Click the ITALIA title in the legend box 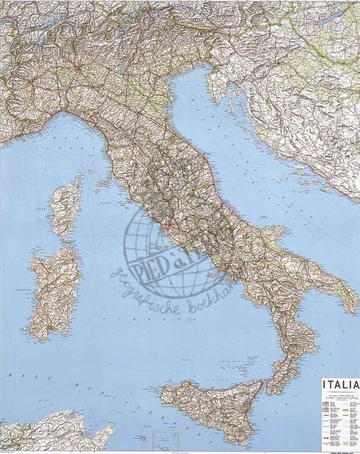point(340,385)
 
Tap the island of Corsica point(65,206)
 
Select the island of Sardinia point(53,291)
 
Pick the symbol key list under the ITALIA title point(340,419)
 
